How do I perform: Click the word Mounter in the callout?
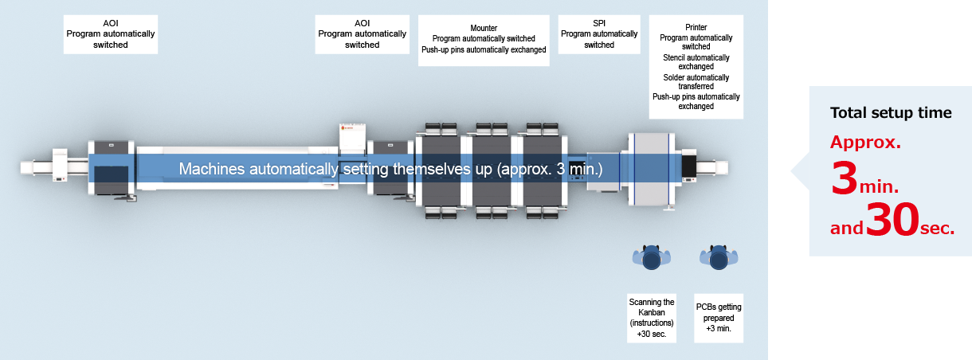click(x=484, y=28)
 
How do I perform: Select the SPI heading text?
click(x=599, y=23)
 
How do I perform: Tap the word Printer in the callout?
click(x=696, y=27)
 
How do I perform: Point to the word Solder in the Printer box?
click(x=674, y=77)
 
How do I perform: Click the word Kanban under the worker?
click(x=652, y=312)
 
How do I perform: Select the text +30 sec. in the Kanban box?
click(x=652, y=334)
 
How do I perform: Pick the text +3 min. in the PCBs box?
click(x=719, y=328)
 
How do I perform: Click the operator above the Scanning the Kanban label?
click(x=652, y=257)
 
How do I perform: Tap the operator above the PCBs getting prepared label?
click(x=719, y=257)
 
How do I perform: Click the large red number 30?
click(x=892, y=220)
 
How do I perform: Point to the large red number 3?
click(x=844, y=178)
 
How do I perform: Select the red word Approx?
click(x=866, y=143)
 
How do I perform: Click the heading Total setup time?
click(x=891, y=113)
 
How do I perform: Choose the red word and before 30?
click(x=847, y=228)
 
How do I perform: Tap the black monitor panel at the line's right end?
click(x=689, y=166)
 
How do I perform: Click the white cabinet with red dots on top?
click(x=352, y=139)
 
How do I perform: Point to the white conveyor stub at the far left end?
click(x=33, y=168)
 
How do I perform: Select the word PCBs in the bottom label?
click(x=706, y=307)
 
